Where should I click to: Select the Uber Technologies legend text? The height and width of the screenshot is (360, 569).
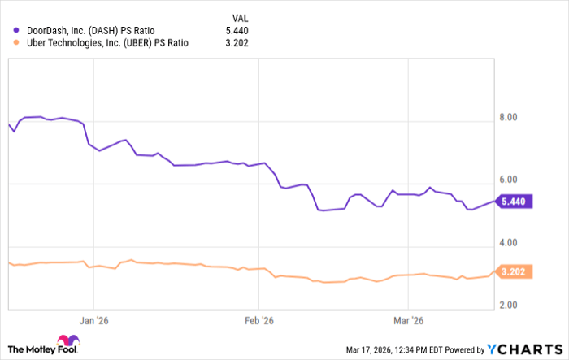tap(106, 43)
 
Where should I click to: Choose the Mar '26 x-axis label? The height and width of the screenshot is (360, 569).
tap(410, 319)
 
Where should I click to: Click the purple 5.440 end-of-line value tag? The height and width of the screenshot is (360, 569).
tap(515, 202)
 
